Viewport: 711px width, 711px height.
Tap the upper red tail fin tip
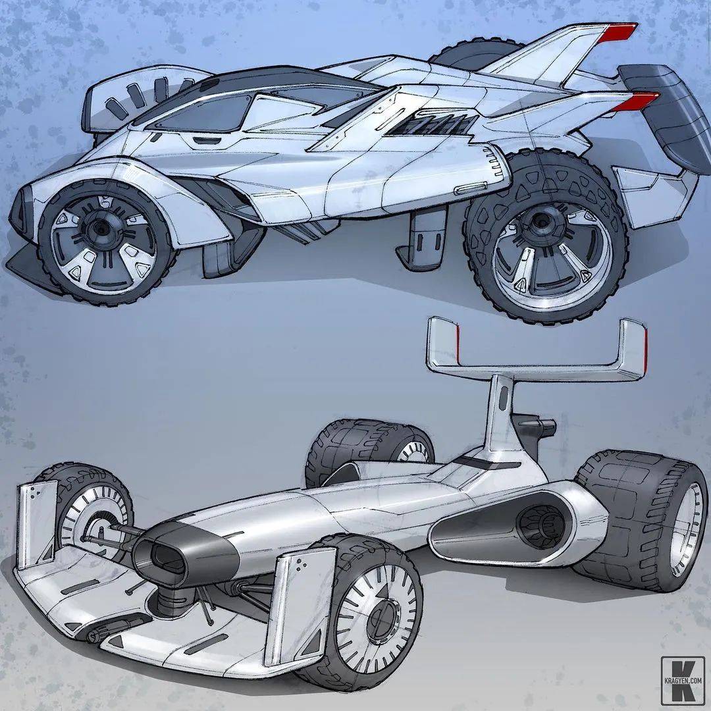coord(618,32)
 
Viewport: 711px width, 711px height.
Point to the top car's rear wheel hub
coord(540,223)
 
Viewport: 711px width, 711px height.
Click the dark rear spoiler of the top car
coord(666,114)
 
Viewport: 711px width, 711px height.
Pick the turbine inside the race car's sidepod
coord(540,526)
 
